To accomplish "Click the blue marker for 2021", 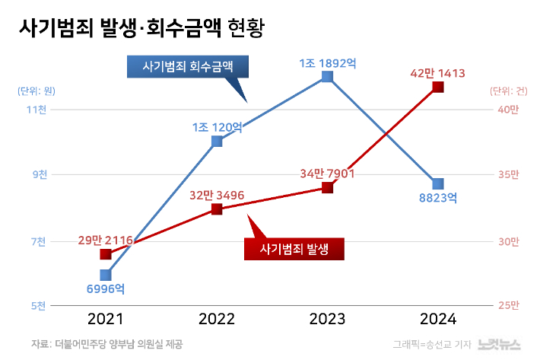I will point(106,275).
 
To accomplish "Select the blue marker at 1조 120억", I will point(217,141).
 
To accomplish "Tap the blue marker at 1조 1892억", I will point(327,76).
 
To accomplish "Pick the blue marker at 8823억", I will point(437,183).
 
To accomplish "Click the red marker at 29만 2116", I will point(106,254).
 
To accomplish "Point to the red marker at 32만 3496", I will point(217,209).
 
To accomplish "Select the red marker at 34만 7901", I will point(327,187).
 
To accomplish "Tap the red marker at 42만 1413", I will point(437,88).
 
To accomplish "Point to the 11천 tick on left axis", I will point(37,110).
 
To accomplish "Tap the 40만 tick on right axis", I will point(508,110).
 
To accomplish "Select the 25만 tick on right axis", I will point(508,306).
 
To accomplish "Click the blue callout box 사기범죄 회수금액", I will point(187,67).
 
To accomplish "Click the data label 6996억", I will point(106,290).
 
